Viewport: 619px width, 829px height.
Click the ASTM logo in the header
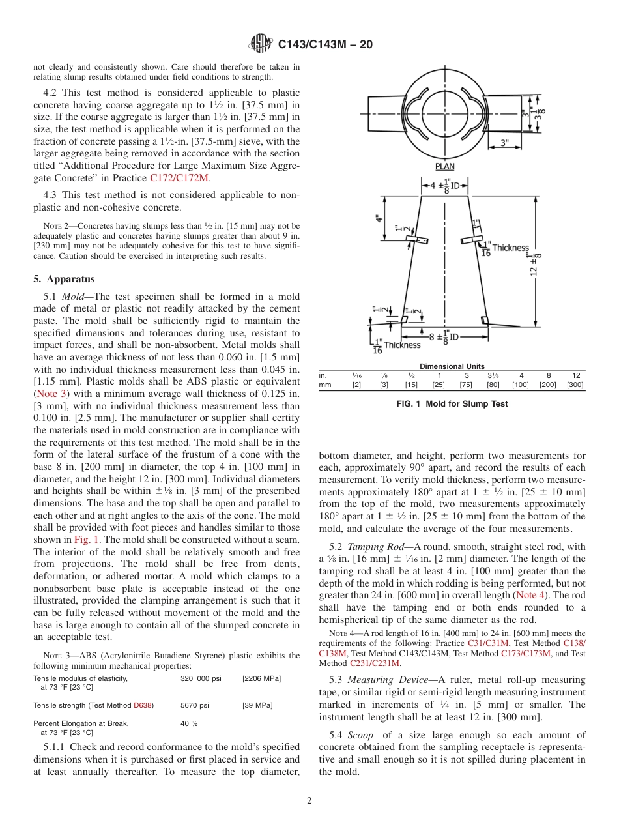tap(260, 44)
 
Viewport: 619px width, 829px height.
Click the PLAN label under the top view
tap(445, 167)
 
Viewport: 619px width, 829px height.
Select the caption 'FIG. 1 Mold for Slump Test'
tap(452, 404)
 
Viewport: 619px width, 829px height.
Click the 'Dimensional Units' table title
tap(452, 366)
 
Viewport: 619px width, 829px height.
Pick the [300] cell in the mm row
tap(575, 385)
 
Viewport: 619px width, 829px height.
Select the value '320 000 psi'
tap(201, 678)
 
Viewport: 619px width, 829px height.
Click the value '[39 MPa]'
tap(257, 705)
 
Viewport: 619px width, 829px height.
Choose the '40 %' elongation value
tap(189, 723)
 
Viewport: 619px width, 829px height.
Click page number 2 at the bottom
tap(309, 801)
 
